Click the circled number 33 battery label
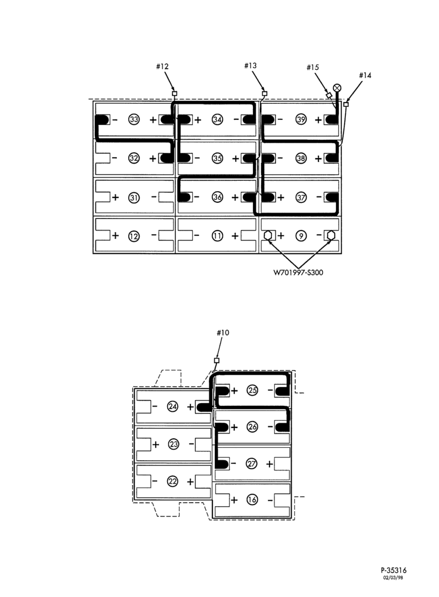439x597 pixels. (134, 119)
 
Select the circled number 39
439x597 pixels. (301, 119)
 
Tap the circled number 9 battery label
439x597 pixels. (301, 236)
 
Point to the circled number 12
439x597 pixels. (134, 236)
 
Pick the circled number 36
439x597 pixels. (217, 197)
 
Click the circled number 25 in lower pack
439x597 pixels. (252, 390)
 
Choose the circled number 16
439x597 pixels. (252, 500)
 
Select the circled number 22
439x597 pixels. (173, 482)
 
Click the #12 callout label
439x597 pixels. (162, 66)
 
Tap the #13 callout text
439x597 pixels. (251, 66)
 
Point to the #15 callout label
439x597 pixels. (313, 67)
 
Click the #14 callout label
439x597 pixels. (365, 75)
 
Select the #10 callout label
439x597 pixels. (223, 333)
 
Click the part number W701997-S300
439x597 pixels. (298, 272)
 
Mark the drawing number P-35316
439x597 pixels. (393, 570)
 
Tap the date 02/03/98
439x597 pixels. (393, 577)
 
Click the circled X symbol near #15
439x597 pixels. (337, 88)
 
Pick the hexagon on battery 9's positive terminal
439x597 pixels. (268, 236)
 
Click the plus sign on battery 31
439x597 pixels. (116, 197)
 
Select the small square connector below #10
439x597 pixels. (217, 360)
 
